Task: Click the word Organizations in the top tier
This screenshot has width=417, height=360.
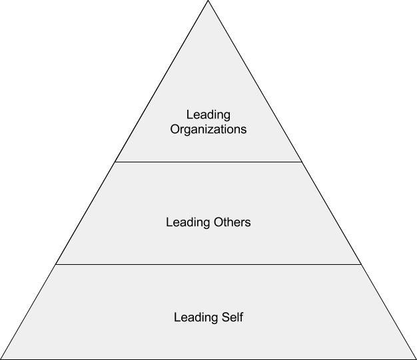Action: pos(209,129)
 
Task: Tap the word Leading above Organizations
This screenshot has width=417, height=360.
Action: pos(209,115)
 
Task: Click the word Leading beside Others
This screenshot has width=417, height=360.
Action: pos(188,222)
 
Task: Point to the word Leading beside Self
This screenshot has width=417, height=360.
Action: pos(196,317)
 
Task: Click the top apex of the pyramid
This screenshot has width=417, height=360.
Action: pos(209,1)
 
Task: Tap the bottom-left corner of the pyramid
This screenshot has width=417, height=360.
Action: pos(1,359)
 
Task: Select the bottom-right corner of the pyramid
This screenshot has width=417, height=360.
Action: pos(416,359)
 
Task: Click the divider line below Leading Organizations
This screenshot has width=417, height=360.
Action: pos(209,162)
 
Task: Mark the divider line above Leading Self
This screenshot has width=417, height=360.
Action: pos(209,264)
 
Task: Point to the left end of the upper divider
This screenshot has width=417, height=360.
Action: pos(115,162)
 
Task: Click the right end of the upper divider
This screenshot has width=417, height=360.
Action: pos(302,162)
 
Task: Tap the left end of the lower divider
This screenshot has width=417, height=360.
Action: pos(55,264)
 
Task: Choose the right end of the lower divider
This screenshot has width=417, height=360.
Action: pos(362,264)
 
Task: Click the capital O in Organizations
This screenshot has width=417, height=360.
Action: pos(175,129)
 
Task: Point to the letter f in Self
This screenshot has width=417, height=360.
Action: pos(241,317)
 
